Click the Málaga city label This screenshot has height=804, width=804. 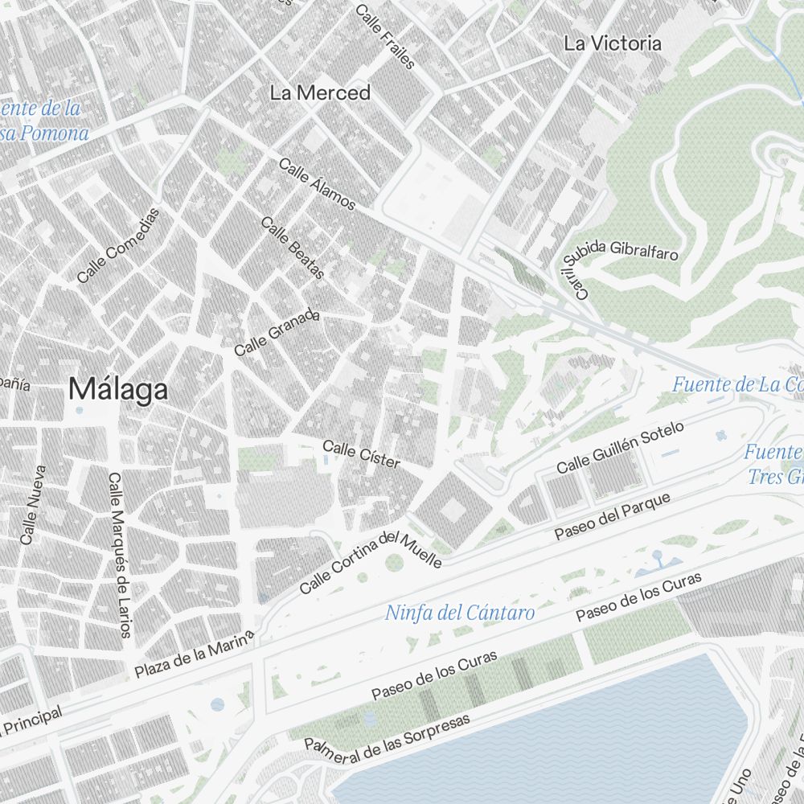[x=118, y=390]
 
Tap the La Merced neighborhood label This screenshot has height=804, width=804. [x=320, y=93]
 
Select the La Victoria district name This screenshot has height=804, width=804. [x=613, y=43]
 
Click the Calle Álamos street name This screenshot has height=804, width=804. [x=317, y=184]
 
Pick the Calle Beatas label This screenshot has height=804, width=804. [x=293, y=248]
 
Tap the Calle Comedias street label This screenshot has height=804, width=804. [x=119, y=246]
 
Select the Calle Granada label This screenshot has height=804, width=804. [x=277, y=334]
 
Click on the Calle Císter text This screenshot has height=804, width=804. [x=361, y=454]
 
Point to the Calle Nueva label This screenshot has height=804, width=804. [x=33, y=505]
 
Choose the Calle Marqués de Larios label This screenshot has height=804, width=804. [x=119, y=555]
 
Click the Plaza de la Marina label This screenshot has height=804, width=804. [x=195, y=654]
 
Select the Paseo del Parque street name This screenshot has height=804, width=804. [x=613, y=517]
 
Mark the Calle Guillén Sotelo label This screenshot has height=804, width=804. [x=620, y=448]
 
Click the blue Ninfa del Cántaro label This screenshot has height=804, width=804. [x=460, y=613]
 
